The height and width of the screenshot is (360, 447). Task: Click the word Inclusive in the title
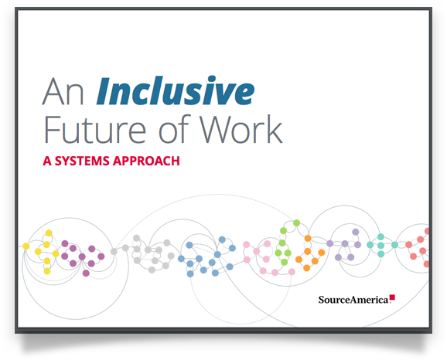pos(175,90)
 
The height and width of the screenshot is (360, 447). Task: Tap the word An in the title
pos(63,92)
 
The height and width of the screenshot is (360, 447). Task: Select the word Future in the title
pos(95,130)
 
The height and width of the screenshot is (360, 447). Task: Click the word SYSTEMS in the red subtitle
pos(82,161)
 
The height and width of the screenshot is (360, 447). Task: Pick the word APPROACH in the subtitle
pos(146,161)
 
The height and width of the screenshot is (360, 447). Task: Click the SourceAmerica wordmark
pos(353,300)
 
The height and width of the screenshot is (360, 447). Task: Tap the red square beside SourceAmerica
pos(392,297)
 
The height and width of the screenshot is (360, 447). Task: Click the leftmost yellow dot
pos(26,246)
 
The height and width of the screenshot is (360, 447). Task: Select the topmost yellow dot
pos(49,233)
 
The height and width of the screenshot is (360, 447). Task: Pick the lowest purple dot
pos(86,273)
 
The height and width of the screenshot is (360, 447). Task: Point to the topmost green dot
pos(296,222)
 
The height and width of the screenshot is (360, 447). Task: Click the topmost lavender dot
pos(356,232)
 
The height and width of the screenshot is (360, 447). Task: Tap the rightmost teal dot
pos(394,245)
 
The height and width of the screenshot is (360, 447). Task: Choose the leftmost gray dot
pos(114,252)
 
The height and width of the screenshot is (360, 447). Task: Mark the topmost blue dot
pos(222,239)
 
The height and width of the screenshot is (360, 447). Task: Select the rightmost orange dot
pos(321,253)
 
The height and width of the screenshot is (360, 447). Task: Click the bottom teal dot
pos(380,253)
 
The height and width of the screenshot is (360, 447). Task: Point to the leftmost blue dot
pos(181,259)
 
